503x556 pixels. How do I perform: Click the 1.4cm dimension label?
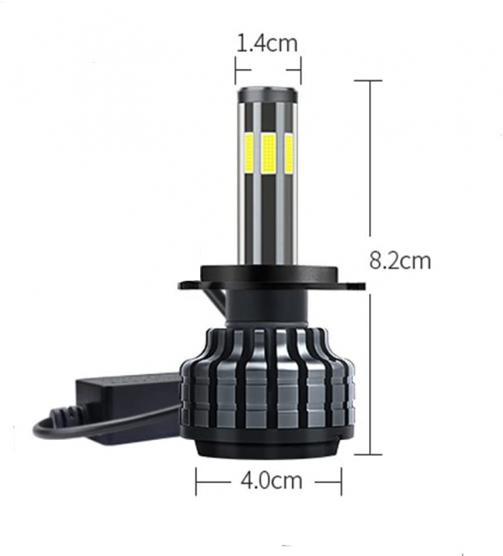[x=267, y=43]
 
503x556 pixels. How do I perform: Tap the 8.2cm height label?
[x=401, y=260]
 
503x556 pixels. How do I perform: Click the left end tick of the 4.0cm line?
[x=196, y=481]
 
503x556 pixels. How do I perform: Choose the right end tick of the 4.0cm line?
[x=340, y=481]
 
